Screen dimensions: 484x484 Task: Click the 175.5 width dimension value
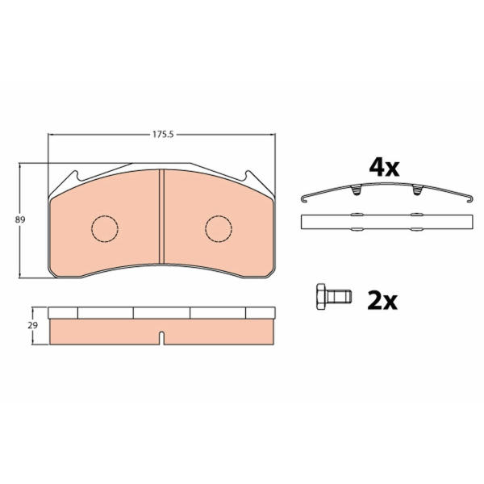click(x=163, y=135)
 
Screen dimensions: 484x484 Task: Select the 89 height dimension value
click(x=20, y=219)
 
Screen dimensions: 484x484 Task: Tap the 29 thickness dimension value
click(x=33, y=325)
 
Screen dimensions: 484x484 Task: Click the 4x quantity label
click(x=384, y=168)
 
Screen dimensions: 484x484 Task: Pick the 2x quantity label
click(x=382, y=301)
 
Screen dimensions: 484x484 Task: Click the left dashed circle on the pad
click(x=105, y=228)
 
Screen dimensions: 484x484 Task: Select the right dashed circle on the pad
click(x=219, y=228)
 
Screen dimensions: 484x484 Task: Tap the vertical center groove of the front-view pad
click(x=161, y=216)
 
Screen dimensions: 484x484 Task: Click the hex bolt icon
click(x=334, y=297)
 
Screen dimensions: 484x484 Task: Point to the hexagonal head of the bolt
click(x=321, y=297)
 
